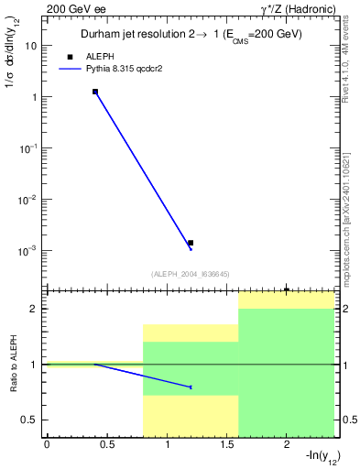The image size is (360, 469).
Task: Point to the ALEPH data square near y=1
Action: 95,92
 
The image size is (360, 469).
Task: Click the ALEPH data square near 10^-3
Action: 191,243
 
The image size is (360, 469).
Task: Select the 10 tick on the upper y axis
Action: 31,45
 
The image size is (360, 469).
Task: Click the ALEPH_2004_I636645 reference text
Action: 190,273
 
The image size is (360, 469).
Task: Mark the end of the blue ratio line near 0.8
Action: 191,387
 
